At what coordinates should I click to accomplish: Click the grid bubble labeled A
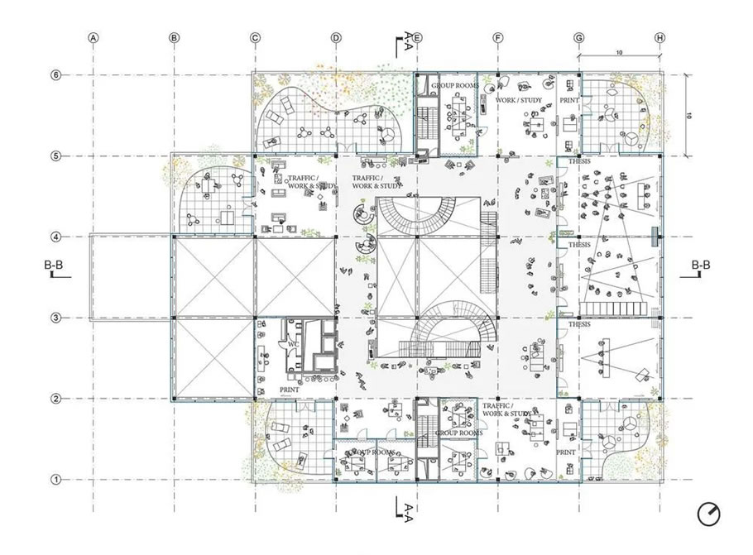point(94,37)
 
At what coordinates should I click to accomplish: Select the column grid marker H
point(659,37)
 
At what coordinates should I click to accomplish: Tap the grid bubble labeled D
point(336,37)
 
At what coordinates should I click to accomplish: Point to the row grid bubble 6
point(56,74)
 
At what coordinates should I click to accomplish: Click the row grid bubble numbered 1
point(56,479)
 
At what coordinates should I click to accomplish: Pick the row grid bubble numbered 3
point(56,318)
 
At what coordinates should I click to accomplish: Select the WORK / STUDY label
point(518,100)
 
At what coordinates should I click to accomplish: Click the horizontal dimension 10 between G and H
point(619,53)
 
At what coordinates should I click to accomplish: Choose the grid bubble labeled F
point(497,37)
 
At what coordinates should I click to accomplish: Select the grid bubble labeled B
point(174,37)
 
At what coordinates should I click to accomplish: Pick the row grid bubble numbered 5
point(56,155)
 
